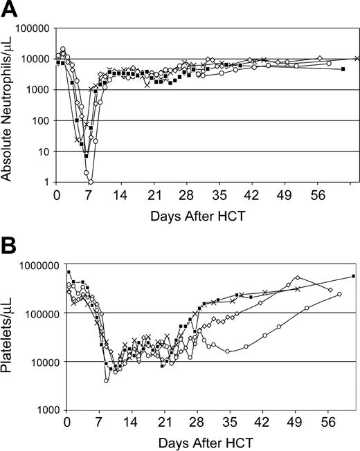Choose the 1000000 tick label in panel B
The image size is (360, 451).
tap(36, 265)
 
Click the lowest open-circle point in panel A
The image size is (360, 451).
tap(91, 181)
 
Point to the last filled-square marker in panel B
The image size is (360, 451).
tap(353, 276)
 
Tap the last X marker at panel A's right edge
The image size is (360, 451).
tap(356, 58)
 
